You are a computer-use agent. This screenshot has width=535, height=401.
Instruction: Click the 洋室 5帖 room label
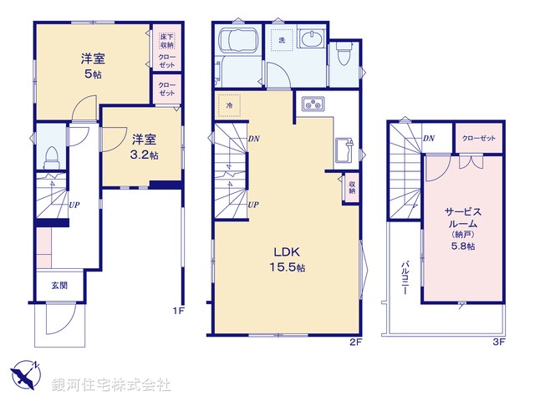pos(92,65)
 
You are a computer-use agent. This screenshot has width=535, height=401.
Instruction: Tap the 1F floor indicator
pos(177,312)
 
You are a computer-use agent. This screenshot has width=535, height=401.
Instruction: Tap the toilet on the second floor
pos(344,53)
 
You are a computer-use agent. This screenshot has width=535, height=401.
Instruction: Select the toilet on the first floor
pos(50,155)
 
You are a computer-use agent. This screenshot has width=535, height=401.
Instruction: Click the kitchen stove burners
pos(313,105)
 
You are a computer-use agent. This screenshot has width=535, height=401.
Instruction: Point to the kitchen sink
pos(342,151)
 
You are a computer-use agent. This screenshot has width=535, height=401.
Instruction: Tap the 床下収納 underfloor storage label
pos(166,39)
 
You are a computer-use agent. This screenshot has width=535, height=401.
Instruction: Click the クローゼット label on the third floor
pos(478,138)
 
